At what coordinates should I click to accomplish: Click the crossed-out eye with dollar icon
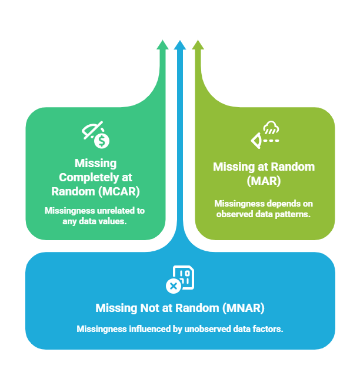click(95, 134)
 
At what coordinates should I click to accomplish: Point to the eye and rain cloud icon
click(265, 134)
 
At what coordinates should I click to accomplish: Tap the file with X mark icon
click(180, 279)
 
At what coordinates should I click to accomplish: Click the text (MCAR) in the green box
click(120, 191)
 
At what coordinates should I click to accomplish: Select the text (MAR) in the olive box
click(264, 180)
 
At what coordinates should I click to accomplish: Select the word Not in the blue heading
click(153, 308)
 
